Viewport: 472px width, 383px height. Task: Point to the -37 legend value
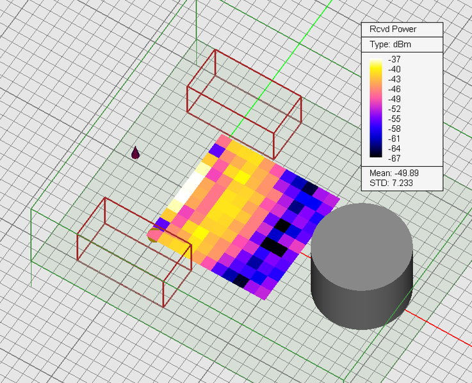coord(395,59)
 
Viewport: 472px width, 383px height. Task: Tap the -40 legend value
coord(395,69)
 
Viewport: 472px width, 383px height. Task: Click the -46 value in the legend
coord(395,89)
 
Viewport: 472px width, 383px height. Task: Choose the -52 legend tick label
coord(395,109)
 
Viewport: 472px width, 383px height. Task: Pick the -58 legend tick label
coord(395,129)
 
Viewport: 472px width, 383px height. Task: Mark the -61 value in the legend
coord(395,138)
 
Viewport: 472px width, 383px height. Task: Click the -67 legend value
coord(395,158)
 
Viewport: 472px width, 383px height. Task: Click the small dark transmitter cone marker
coord(135,153)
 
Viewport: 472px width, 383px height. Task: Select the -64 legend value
coord(395,148)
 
